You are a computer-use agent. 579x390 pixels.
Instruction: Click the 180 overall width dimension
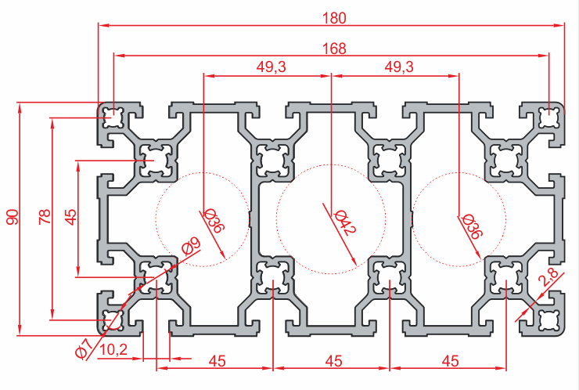point(332,16)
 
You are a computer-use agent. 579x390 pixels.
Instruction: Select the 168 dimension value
point(332,48)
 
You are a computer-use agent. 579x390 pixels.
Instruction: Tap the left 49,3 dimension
point(271,67)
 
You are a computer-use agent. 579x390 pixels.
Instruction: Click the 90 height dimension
point(12,217)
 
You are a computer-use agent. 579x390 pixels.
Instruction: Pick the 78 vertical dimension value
point(45,217)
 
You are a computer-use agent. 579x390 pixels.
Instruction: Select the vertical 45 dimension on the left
point(70,217)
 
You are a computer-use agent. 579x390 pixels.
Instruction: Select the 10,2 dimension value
point(114,349)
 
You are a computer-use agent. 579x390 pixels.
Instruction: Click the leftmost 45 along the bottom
point(216,361)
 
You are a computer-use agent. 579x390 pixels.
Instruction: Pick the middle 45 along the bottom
point(333,361)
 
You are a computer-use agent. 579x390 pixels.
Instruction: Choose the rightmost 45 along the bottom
point(449,361)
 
